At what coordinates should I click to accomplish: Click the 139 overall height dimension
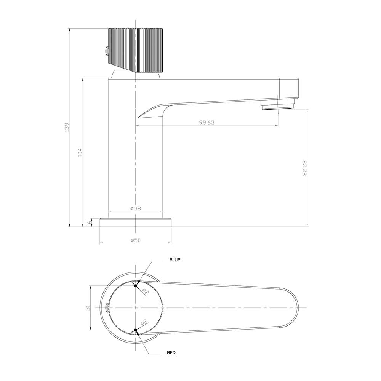pos(66,127)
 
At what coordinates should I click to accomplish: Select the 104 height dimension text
pos(80,152)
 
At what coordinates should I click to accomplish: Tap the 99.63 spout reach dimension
pos(207,122)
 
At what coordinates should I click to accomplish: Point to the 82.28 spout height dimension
pos(304,168)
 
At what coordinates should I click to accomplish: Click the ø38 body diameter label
pos(136,208)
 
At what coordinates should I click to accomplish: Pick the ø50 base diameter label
pos(136,240)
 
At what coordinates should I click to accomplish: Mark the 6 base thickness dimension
pos(90,222)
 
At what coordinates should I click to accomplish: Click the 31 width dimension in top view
pos(87,307)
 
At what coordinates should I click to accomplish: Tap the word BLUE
pos(175,260)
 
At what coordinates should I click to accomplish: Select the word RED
pos(171,353)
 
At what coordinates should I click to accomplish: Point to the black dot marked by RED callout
pos(136,330)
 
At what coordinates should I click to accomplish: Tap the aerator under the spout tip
pos(277,105)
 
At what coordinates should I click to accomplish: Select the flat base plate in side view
pos(136,222)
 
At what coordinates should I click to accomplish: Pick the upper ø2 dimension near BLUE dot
pos(145,292)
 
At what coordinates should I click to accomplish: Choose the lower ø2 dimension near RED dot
pos(144,323)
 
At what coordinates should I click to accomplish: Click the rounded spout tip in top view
pos(293,307)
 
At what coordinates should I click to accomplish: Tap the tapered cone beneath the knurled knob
pos(123,74)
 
